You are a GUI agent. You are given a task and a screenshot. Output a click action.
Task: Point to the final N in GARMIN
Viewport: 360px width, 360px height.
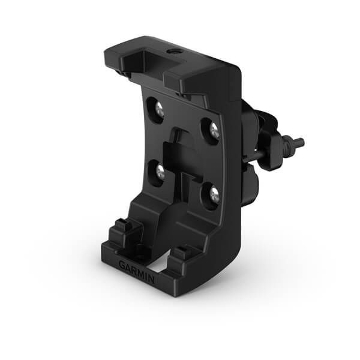[x=151, y=279]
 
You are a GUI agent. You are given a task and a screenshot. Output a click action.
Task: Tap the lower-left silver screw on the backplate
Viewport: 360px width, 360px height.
[x=160, y=172]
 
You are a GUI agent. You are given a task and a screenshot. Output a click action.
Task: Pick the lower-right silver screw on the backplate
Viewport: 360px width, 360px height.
[x=213, y=193]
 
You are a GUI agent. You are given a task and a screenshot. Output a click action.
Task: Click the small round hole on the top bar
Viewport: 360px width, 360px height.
[x=175, y=52]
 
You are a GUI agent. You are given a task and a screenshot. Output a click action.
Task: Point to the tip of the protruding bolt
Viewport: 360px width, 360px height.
[x=300, y=143]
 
